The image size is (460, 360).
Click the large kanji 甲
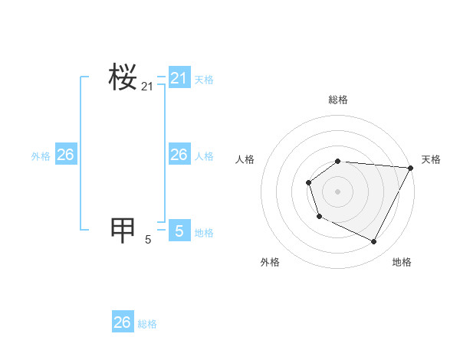pyautogui.click(x=123, y=229)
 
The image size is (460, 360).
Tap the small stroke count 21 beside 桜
pyautogui.click(x=147, y=87)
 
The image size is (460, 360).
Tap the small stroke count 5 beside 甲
pyautogui.click(x=148, y=240)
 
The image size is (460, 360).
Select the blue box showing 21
pyautogui.click(x=179, y=78)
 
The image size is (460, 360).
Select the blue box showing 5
pyautogui.click(x=179, y=230)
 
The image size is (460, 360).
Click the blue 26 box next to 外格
pyautogui.click(x=65, y=155)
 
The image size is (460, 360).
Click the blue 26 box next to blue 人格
pyautogui.click(x=179, y=155)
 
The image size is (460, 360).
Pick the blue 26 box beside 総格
pyautogui.click(x=123, y=322)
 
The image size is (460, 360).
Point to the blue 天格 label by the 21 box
pyautogui.click(x=204, y=79)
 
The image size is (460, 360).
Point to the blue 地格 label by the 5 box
pyautogui.click(x=204, y=233)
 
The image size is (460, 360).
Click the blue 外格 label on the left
pyautogui.click(x=41, y=156)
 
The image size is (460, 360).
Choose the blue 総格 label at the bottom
pyautogui.click(x=147, y=324)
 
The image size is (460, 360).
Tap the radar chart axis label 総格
pyautogui.click(x=338, y=100)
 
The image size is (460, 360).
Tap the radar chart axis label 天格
pyautogui.click(x=431, y=159)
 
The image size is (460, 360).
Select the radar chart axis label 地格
pyautogui.click(x=402, y=262)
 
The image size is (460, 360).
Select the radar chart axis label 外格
pyautogui.click(x=270, y=262)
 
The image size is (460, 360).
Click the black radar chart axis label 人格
pyautogui.click(x=245, y=159)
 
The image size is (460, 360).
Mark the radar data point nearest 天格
pyautogui.click(x=411, y=168)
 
